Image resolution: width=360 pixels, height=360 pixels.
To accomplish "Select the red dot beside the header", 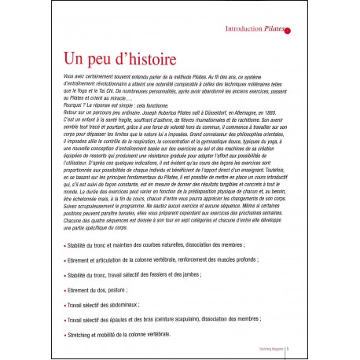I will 288,31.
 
